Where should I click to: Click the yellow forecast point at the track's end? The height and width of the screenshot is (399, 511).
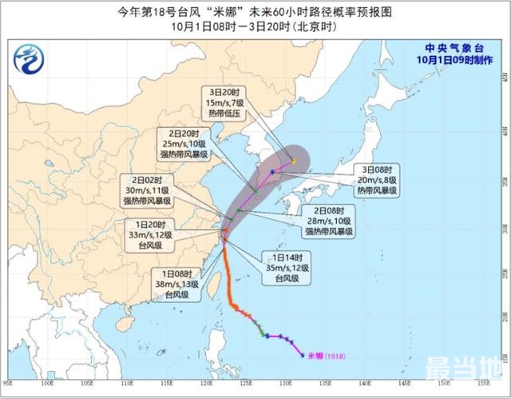(x=294, y=161)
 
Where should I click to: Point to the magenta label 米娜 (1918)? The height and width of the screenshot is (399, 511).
(x=324, y=356)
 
